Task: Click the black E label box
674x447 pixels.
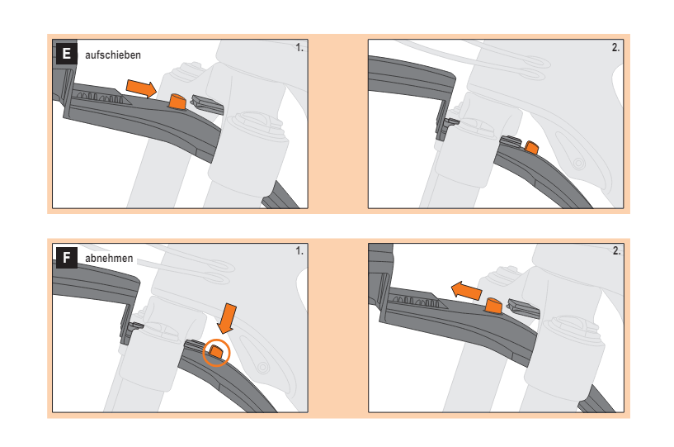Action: (67, 54)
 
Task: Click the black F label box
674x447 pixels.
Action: (67, 258)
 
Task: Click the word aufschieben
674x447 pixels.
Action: (113, 55)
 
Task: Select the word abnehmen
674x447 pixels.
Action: (109, 259)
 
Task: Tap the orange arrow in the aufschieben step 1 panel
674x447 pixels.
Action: (141, 88)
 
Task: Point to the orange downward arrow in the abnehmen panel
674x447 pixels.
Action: (227, 318)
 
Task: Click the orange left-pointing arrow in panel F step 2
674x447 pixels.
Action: (466, 291)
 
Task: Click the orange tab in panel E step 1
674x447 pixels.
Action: (177, 101)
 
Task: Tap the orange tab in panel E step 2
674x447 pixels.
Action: (532, 147)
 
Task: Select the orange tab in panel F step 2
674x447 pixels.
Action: (493, 305)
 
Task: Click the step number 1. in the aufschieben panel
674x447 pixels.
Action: (299, 48)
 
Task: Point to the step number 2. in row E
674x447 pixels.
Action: (615, 48)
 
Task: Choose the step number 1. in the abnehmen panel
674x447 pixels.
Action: (299, 251)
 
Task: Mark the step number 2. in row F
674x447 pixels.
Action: (616, 251)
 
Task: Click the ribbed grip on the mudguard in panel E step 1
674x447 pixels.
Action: (101, 97)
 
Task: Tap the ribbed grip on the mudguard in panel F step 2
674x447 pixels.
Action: (417, 300)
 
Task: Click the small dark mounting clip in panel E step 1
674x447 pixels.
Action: (207, 105)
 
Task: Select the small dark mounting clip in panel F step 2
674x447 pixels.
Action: (523, 308)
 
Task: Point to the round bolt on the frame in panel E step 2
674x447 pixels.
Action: (579, 164)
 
